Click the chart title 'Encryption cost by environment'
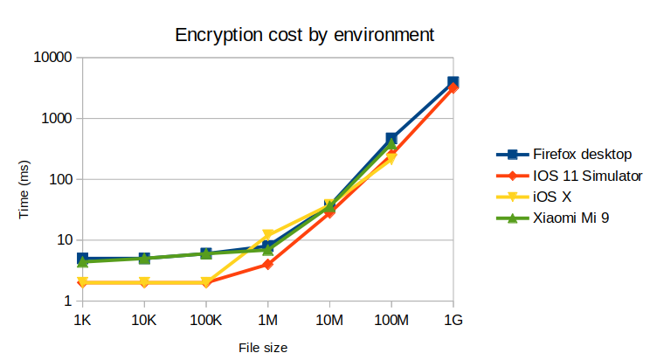pos(305,36)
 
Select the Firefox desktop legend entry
pos(581,155)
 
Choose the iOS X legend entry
pos(557,197)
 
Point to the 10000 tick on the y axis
pos(53,58)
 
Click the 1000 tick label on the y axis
pos(57,118)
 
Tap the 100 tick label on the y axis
pos(60,179)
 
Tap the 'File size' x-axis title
pos(263,347)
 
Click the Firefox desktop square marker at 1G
pos(453,82)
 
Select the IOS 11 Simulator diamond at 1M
pos(268,264)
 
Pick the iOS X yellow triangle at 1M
pos(268,235)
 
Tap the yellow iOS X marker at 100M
pos(391,159)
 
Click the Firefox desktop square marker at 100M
pos(391,139)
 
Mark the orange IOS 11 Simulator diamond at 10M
pos(329,212)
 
